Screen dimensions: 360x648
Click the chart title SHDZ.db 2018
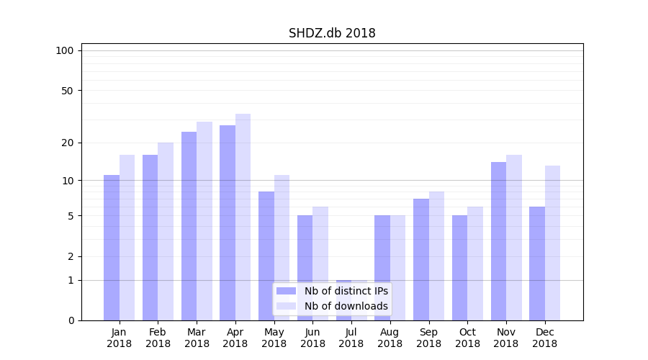coord(332,33)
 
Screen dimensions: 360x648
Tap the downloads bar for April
coord(243,217)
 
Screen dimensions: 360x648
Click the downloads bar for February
coord(166,231)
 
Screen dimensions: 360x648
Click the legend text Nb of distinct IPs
coord(346,291)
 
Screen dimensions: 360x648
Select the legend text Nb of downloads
coord(346,306)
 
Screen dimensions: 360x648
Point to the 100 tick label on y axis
coord(65,50)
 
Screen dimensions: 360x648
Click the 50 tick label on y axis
coord(67,91)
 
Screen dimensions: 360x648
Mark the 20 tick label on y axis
coord(67,143)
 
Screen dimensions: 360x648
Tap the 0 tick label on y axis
coord(71,320)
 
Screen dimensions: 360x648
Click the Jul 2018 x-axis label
coord(351,338)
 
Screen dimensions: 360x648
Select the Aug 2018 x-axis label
coord(390,338)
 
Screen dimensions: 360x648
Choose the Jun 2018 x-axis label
coord(312,338)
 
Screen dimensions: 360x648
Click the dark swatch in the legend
coord(286,291)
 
